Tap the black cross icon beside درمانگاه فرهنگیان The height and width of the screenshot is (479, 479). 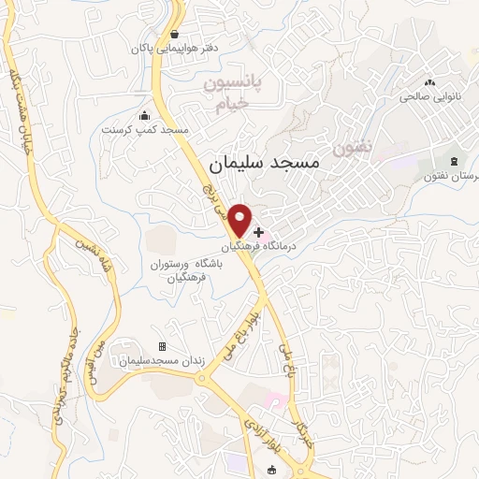[259, 231]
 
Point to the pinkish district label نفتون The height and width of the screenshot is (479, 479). [352, 148]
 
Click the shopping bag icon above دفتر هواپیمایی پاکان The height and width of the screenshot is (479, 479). [174, 34]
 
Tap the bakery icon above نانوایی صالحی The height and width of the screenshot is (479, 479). [430, 82]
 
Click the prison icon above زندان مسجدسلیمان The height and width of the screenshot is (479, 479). [161, 346]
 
